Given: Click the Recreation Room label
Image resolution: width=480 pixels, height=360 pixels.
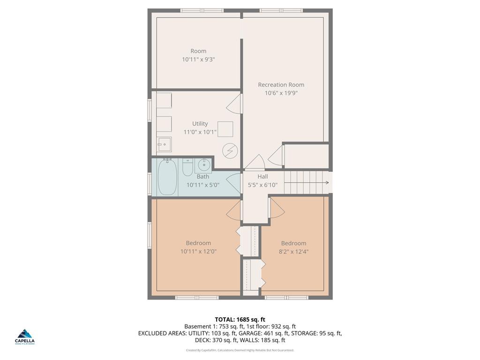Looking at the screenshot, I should pos(281,85).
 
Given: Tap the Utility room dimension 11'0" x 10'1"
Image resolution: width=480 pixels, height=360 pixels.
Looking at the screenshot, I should pos(200,132).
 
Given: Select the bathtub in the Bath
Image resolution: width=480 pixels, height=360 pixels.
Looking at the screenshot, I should pos(167,178).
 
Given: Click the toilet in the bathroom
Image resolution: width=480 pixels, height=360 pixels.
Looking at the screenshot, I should pos(187,167).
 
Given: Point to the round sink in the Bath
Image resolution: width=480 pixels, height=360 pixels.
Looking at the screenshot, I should pos(203,165).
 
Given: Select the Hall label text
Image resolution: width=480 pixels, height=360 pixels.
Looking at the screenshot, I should pos(262,177).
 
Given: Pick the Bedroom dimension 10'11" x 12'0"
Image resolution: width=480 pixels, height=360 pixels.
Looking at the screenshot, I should pos(198,251).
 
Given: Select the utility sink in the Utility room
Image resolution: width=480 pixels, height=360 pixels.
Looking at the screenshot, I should pos(164,144).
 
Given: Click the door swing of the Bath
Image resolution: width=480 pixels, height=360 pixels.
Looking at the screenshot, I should pos(233,182).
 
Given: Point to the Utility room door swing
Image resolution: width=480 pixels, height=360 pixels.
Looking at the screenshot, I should pos(234,104).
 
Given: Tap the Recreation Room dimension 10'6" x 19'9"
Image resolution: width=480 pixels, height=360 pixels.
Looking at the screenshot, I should pos(281,93).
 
